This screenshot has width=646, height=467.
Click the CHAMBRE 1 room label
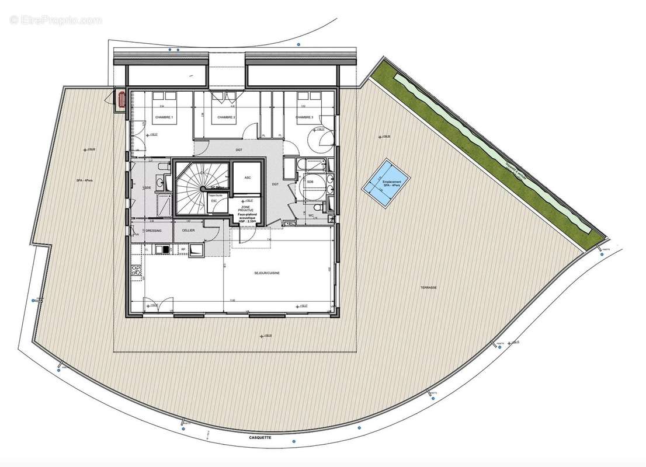click(164, 118)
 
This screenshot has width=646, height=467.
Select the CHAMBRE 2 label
click(226, 118)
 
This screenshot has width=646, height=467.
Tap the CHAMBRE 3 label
click(304, 118)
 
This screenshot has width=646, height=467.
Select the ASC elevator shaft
click(248, 178)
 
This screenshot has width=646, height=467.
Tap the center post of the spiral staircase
click(202, 188)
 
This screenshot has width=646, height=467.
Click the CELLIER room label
click(188, 231)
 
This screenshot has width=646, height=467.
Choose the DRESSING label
click(153, 231)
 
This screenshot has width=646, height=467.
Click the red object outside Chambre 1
click(121, 99)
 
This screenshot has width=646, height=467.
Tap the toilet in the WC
click(317, 207)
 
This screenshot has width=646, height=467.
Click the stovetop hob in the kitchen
click(138, 270)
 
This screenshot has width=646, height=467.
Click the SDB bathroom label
click(310, 181)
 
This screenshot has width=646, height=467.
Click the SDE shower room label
click(148, 188)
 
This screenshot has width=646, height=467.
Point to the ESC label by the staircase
click(214, 201)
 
